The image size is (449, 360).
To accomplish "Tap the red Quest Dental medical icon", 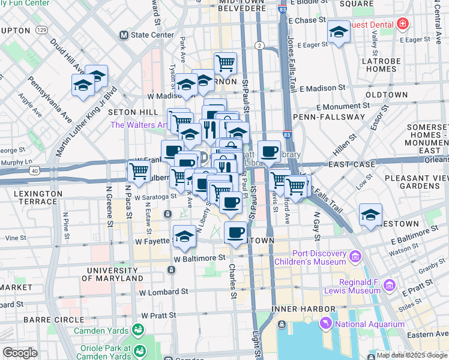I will coord(403,25).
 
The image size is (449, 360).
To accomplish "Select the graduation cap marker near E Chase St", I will coord(339,32).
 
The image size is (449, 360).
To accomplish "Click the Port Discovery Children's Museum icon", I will coord(355,257).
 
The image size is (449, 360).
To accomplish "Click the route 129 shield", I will coord(41,29).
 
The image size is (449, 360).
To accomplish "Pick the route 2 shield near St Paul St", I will coord(259,45).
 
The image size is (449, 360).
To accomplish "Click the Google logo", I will coord(20,352).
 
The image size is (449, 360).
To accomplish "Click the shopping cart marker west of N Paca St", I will coord(139,172).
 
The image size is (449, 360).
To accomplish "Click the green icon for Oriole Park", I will coord(140,350).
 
